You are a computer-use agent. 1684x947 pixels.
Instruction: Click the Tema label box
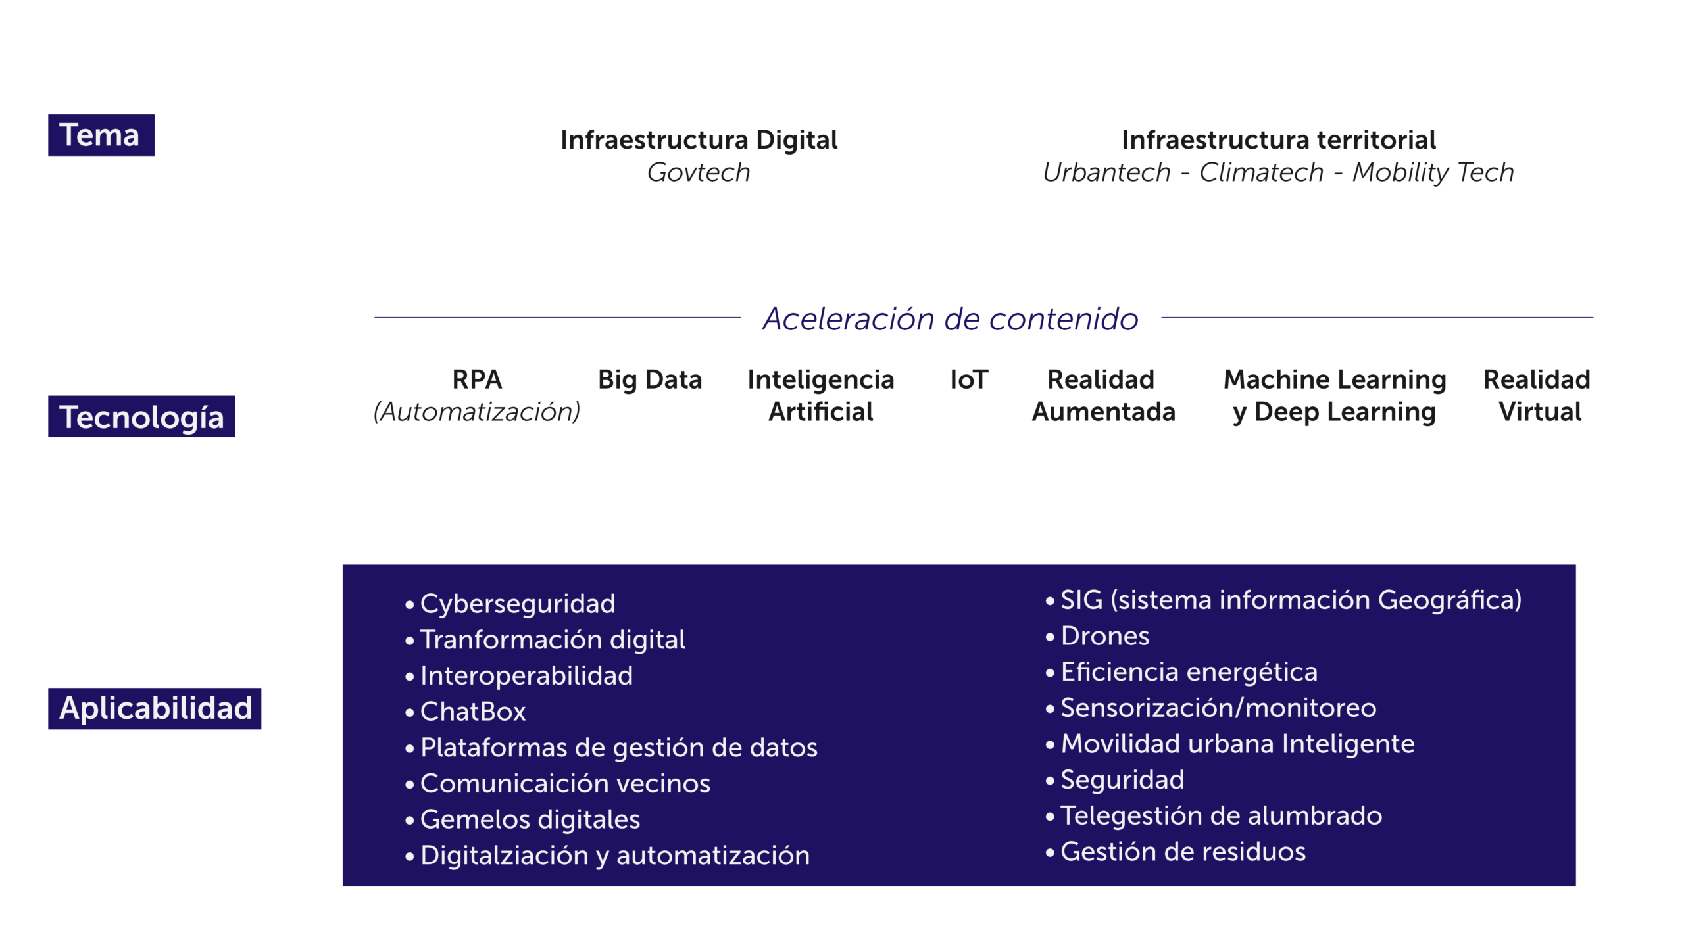click(x=101, y=135)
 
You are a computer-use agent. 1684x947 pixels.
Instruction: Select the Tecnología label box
click(x=141, y=416)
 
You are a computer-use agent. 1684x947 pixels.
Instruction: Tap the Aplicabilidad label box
click(x=155, y=708)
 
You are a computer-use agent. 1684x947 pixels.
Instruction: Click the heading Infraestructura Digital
click(x=699, y=140)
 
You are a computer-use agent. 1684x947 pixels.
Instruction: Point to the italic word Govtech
click(x=699, y=172)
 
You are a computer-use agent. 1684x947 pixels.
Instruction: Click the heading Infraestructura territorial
click(x=1278, y=140)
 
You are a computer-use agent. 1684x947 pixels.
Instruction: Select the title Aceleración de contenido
click(x=951, y=319)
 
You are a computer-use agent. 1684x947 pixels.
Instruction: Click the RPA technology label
click(x=477, y=379)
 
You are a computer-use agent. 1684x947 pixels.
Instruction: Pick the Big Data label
click(x=650, y=379)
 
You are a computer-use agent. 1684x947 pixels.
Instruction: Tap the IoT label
click(x=969, y=379)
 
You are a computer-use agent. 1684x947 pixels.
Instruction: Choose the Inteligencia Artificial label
click(x=820, y=395)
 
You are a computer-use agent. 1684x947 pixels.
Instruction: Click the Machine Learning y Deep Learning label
click(x=1334, y=395)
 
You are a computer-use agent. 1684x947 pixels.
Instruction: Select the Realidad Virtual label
click(x=1537, y=395)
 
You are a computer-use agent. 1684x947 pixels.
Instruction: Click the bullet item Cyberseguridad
click(x=518, y=604)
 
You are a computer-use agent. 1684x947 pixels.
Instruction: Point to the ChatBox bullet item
click(x=473, y=712)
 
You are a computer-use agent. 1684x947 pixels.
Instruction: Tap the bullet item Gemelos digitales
click(x=530, y=819)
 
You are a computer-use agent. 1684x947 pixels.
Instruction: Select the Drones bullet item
click(x=1105, y=636)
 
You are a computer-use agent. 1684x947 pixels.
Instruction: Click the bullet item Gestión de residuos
click(x=1183, y=852)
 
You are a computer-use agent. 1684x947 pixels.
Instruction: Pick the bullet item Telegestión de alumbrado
click(x=1221, y=815)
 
